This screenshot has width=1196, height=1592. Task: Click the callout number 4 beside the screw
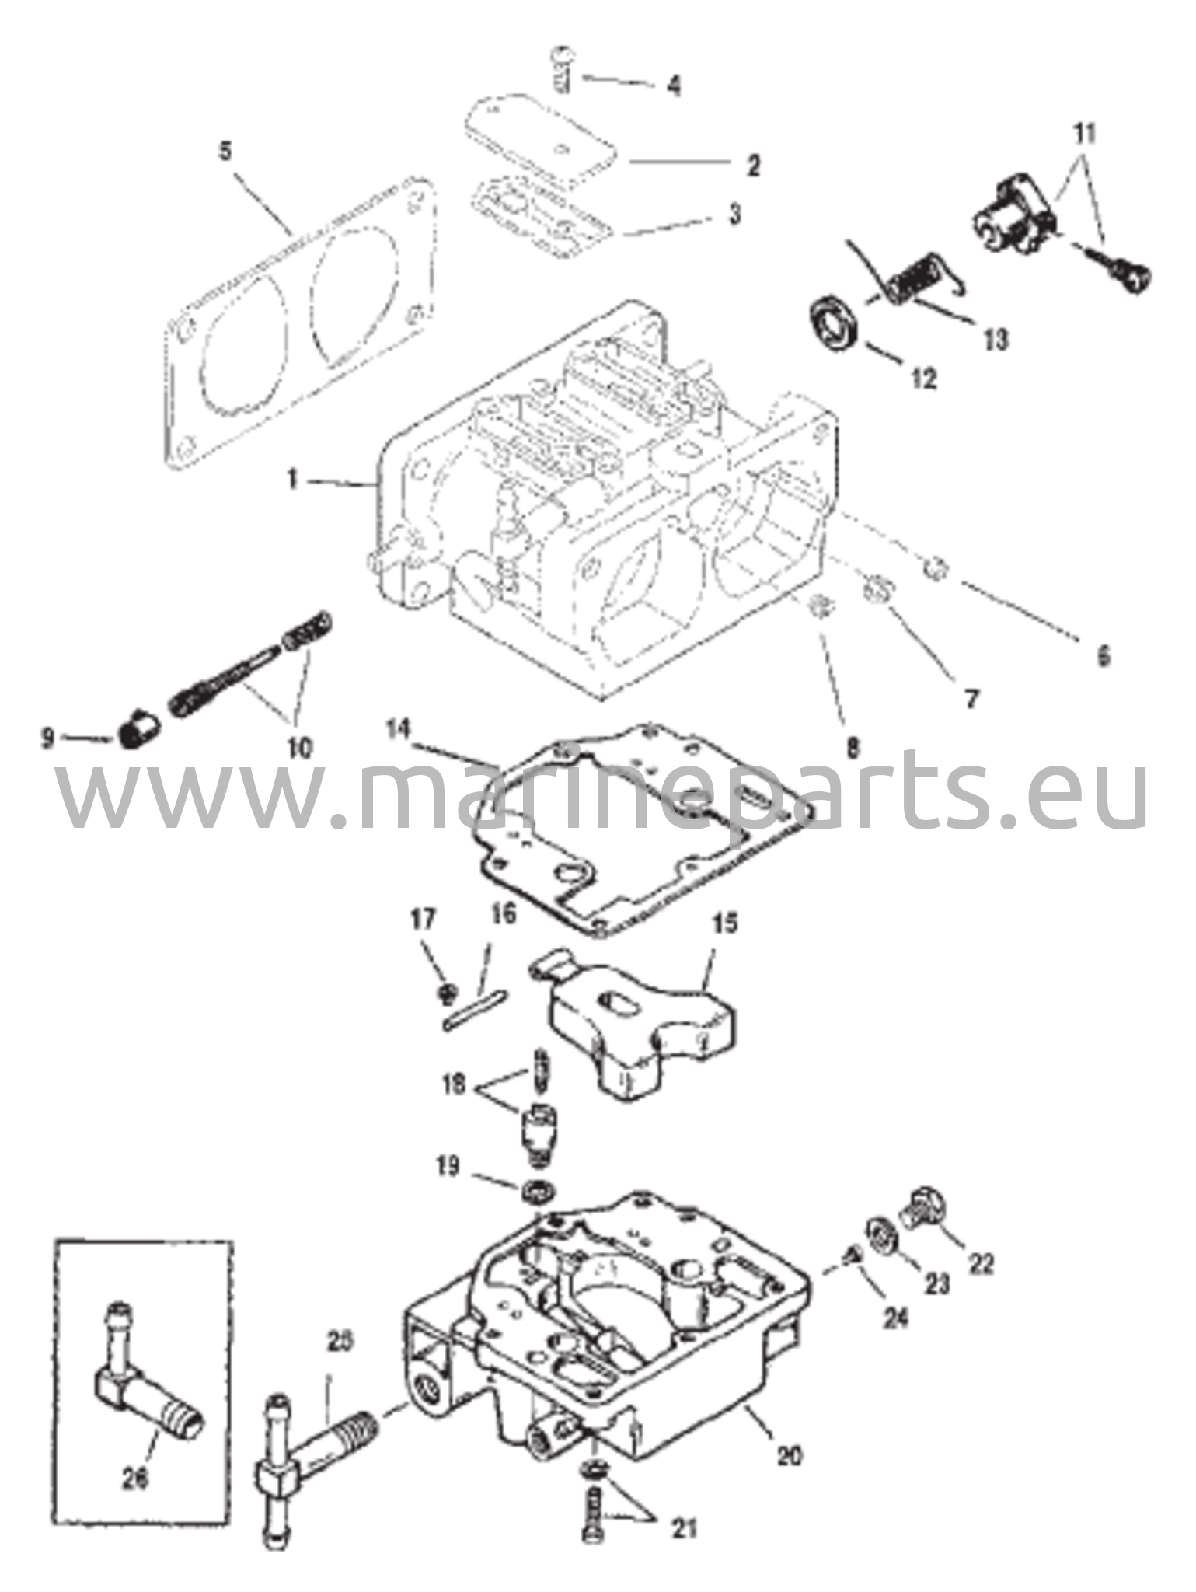674,86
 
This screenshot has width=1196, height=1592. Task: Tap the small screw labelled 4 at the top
562,69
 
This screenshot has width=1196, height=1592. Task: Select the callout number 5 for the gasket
225,151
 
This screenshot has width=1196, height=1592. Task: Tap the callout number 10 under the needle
300,748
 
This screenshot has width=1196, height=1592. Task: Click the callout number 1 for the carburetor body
293,480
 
